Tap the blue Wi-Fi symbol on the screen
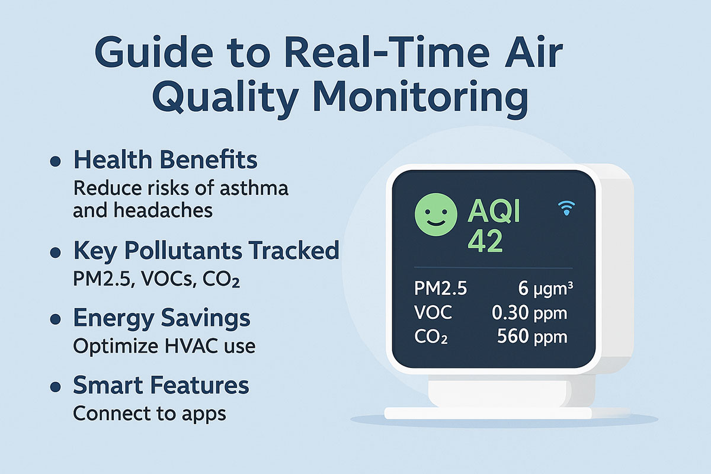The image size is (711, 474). [567, 208]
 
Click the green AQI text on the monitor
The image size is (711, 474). [494, 210]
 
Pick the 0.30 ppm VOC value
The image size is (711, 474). [529, 313]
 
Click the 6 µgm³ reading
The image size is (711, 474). [545, 289]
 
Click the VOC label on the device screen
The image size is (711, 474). [434, 313]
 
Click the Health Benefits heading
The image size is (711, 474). [165, 160]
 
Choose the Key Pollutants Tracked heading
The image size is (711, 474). [206, 251]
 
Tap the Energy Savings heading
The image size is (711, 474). [161, 318]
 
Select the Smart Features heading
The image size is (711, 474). [161, 386]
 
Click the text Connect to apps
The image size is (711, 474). [149, 414]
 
